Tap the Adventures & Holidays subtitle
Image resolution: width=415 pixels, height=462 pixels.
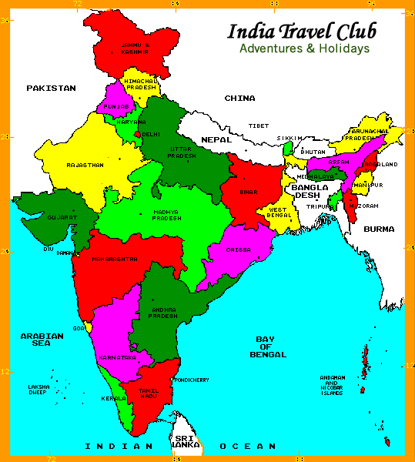[304, 49]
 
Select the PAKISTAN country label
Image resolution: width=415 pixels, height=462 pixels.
[51, 89]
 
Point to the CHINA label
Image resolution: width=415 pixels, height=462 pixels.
[239, 99]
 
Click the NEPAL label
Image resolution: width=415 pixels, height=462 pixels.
[216, 139]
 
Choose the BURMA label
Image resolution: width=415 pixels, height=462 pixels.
[379, 229]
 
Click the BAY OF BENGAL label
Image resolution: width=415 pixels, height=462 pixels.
[268, 346]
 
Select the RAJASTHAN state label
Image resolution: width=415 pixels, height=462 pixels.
[84, 165]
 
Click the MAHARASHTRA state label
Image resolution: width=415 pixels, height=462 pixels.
[115, 259]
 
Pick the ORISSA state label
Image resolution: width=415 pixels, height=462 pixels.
[239, 250]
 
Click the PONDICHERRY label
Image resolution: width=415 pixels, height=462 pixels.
[192, 380]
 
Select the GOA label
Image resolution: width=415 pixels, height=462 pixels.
[79, 328]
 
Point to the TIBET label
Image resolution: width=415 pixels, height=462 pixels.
[259, 126]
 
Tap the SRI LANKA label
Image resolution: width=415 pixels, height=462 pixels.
[184, 441]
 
